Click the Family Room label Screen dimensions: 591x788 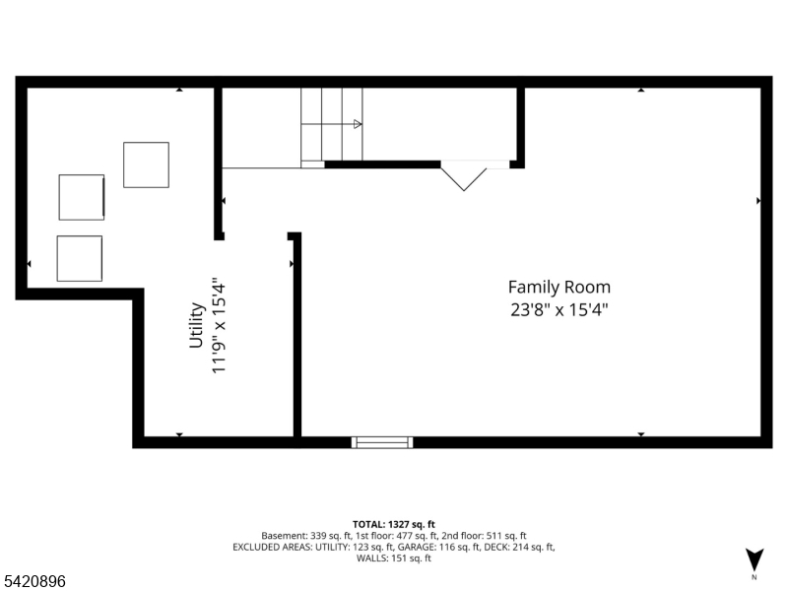tap(558, 288)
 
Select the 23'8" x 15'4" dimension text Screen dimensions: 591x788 tap(558, 308)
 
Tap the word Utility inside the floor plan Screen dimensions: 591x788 tap(197, 325)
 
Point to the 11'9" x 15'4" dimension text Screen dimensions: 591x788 tap(221, 325)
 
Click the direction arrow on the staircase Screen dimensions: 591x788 tap(357, 124)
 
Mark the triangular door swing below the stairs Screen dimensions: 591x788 tap(463, 176)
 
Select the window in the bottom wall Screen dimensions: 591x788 tap(382, 442)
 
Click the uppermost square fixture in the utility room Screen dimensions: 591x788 tap(146, 164)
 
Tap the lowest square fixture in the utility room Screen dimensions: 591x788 tap(80, 258)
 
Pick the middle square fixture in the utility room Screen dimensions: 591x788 tap(82, 197)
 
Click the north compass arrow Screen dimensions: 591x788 tap(755, 558)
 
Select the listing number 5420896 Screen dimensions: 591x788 tap(34, 582)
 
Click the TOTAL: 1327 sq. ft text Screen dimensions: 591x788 tap(394, 524)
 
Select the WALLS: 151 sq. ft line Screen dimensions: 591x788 tap(394, 558)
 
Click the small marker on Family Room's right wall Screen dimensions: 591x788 tap(758, 200)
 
